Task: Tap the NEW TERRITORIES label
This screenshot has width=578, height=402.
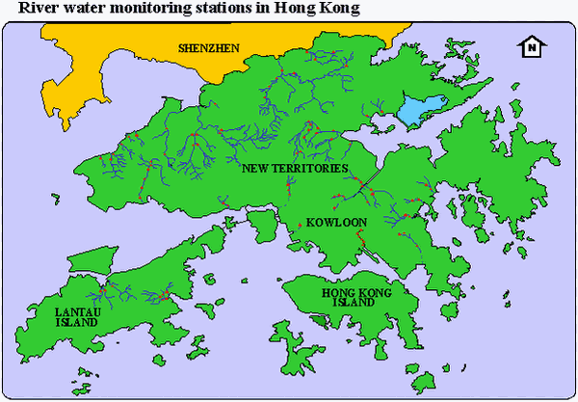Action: pos(294,168)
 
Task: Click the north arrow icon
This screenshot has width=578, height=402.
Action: pos(530,46)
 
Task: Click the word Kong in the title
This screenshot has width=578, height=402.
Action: pos(337,9)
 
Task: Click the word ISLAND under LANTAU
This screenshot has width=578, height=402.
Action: pos(76,323)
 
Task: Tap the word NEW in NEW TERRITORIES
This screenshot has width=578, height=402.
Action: pos(253,168)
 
